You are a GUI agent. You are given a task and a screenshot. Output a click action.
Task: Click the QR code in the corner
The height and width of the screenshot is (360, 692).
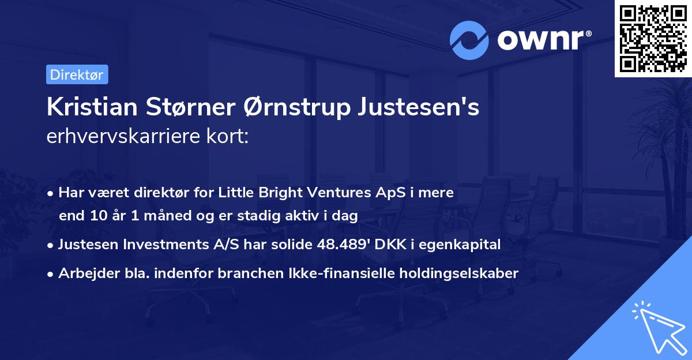653,39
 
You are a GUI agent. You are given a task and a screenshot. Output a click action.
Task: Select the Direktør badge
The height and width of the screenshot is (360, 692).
77,74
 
